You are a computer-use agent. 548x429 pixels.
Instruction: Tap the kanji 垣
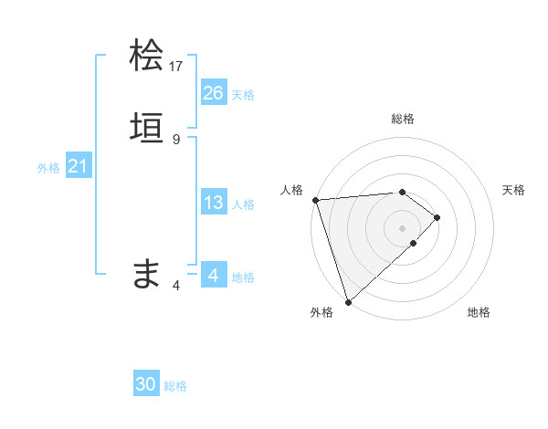click(147, 129)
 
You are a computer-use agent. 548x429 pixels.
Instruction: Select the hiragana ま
click(147, 273)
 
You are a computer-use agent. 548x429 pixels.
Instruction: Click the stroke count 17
click(176, 66)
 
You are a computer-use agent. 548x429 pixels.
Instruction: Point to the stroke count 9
click(176, 139)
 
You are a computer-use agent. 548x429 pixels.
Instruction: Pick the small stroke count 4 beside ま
click(176, 285)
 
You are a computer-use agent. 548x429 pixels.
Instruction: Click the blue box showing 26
click(213, 93)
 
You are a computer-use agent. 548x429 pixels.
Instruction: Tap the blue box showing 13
click(213, 203)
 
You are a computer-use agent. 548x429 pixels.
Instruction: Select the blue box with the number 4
click(213, 275)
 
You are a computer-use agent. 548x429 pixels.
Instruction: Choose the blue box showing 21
click(78, 166)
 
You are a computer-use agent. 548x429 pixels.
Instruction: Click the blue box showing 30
click(146, 384)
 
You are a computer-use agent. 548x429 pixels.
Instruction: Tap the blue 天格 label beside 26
click(243, 95)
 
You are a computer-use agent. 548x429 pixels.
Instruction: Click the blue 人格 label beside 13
click(243, 204)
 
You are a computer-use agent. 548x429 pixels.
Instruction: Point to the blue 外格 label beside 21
click(48, 168)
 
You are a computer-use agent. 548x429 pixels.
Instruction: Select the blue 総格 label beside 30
click(175, 386)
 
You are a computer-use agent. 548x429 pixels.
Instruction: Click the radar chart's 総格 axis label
click(403, 119)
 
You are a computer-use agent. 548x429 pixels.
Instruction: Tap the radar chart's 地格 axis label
click(479, 313)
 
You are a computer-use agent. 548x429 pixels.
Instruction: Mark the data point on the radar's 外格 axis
click(347, 301)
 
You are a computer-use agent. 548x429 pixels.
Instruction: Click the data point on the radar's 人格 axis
click(315, 200)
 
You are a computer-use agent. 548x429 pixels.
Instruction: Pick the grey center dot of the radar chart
click(403, 227)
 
